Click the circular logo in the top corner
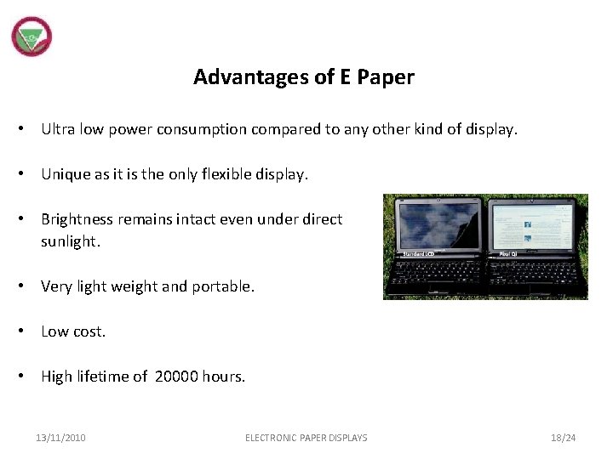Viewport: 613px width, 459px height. coord(32,37)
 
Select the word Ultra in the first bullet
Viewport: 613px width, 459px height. coord(58,129)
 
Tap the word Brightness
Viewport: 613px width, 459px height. coord(77,219)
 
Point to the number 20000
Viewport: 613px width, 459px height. coord(176,377)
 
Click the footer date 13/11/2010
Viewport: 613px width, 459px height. coord(60,438)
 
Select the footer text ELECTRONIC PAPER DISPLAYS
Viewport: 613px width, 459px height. coord(306,438)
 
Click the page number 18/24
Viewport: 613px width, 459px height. coord(563,438)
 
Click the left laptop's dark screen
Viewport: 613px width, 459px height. coord(436,226)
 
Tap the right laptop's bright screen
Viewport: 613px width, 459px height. coord(535,225)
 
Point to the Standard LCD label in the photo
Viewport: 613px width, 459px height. coord(418,253)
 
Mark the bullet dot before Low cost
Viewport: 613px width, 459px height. coord(28,331)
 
